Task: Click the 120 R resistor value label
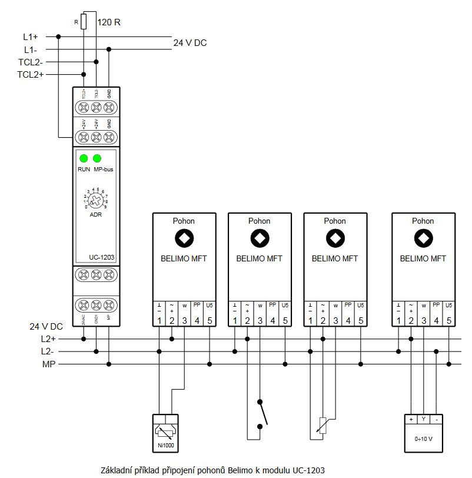click(x=109, y=22)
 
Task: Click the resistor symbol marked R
click(x=84, y=22)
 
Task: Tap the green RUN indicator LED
click(x=84, y=158)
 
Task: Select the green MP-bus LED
click(x=97, y=158)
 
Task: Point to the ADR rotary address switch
click(x=95, y=200)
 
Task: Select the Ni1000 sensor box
click(x=165, y=433)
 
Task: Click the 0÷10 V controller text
click(x=424, y=439)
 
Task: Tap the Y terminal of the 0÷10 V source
click(x=423, y=419)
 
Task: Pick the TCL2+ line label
click(x=31, y=74)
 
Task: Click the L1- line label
click(x=31, y=49)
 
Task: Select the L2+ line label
click(x=48, y=339)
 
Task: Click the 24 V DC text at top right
click(x=190, y=43)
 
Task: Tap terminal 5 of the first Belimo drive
click(x=210, y=321)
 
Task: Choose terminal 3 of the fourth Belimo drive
click(x=423, y=321)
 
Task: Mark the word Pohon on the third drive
click(x=335, y=221)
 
